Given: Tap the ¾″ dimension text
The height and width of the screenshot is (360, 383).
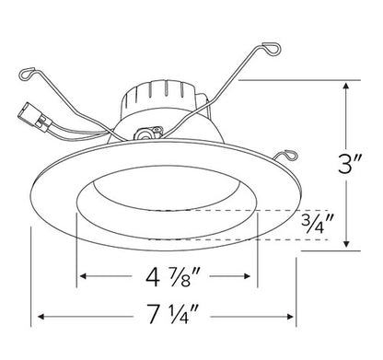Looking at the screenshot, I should [319, 224].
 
